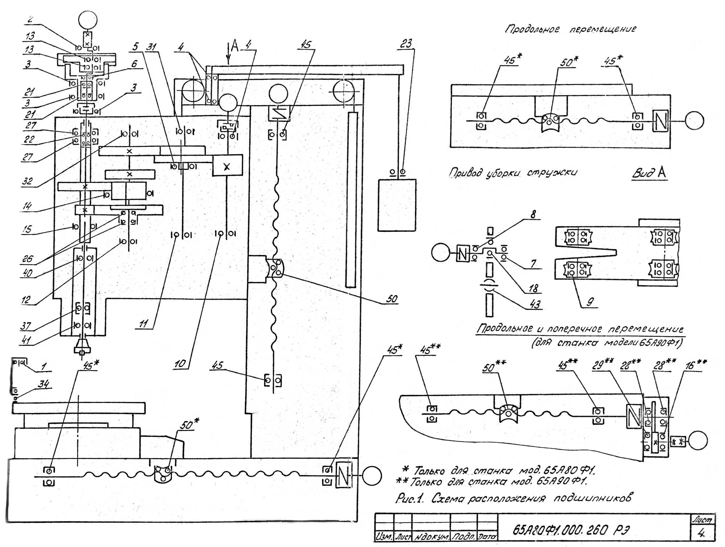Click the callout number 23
(x=406, y=44)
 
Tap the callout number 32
(x=28, y=181)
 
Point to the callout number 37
(x=25, y=326)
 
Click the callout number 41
(x=26, y=340)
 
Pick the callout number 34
(x=43, y=384)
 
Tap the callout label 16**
(x=696, y=365)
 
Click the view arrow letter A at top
(x=235, y=46)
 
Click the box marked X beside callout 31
(x=227, y=166)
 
